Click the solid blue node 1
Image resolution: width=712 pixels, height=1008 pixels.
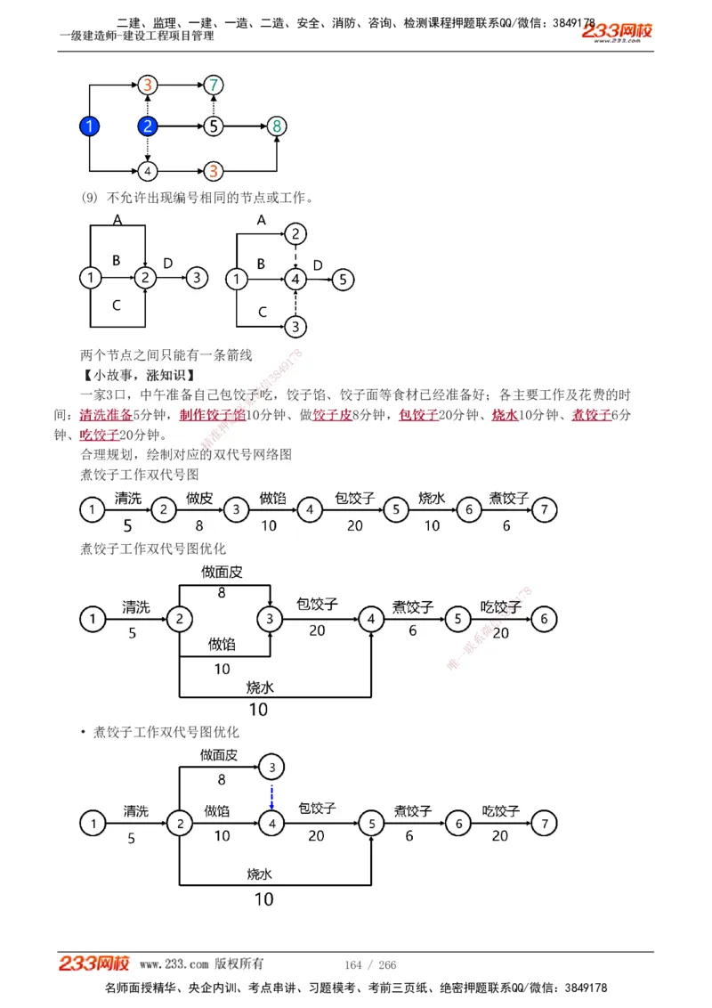pos(89,126)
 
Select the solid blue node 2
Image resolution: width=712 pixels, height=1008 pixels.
pos(149,126)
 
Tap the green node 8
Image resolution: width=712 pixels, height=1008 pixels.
pos(277,126)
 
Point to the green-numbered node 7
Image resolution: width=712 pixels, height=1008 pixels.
pos(213,85)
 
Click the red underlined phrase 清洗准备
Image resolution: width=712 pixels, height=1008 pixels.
pos(105,415)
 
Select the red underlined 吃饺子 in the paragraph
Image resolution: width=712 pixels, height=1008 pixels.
pos(99,435)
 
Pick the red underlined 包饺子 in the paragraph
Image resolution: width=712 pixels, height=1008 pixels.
pos(418,415)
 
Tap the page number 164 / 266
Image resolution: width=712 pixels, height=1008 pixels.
pos(370,965)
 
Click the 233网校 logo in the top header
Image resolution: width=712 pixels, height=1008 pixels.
pos(617,32)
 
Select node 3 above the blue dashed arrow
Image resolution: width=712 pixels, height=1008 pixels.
pos(272,766)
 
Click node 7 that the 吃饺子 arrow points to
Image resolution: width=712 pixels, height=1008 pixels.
pos(545,824)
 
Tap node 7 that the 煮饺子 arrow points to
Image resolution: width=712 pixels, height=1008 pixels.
pos(544,510)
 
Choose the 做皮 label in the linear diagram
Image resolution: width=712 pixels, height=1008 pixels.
pos(198,498)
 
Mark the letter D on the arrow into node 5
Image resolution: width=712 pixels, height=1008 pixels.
pos(318,265)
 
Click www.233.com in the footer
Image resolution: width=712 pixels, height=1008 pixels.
pos(174,964)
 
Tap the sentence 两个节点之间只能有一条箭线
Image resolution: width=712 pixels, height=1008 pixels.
pos(166,355)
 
